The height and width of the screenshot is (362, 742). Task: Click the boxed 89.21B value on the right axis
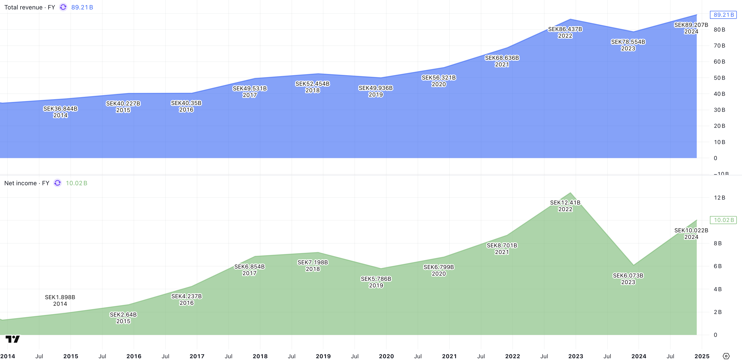[723, 15]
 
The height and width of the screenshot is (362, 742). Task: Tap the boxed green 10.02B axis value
[723, 220]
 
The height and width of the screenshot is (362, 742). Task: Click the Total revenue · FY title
[29, 8]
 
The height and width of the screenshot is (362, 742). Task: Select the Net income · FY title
[26, 183]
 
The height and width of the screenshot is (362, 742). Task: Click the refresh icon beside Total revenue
[63, 7]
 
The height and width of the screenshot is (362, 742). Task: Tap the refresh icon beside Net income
[58, 183]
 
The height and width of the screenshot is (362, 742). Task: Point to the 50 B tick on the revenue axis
[719, 78]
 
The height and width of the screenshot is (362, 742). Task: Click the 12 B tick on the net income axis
[719, 198]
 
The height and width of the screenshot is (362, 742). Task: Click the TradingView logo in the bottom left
[13, 339]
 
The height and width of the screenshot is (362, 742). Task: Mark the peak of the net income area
[570, 193]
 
